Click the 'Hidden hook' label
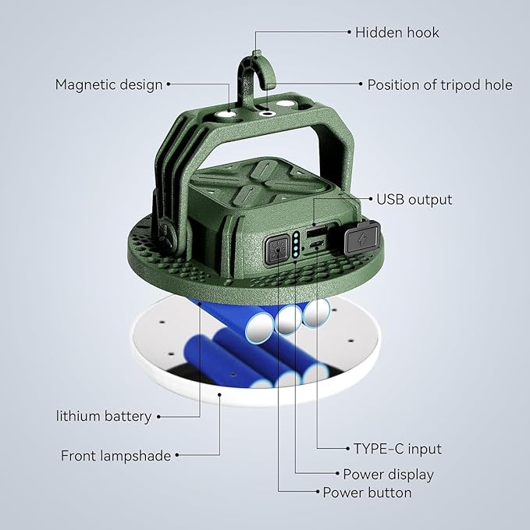point(397,32)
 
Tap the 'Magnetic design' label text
point(108,84)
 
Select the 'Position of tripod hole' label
point(439,84)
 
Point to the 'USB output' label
point(414,199)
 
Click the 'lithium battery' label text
point(103,416)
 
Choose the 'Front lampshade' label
point(116,455)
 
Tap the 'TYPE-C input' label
point(397,449)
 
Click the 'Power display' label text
point(388,474)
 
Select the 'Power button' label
point(367,493)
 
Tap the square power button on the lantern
point(277,250)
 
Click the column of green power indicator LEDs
point(297,244)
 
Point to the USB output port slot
point(316,232)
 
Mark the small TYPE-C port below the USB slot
point(316,246)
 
